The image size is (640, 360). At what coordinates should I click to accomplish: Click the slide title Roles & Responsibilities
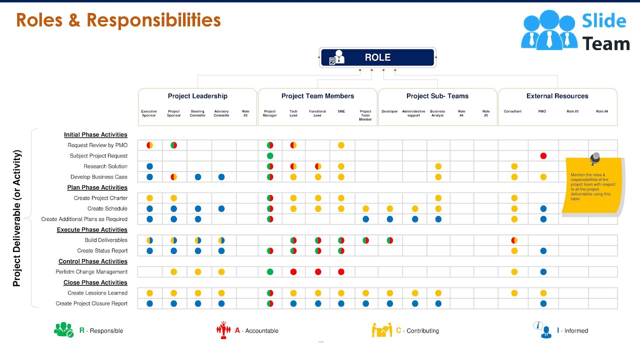118,20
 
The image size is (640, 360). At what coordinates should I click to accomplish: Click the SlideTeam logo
575,31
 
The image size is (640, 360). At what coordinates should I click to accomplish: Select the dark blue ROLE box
377,57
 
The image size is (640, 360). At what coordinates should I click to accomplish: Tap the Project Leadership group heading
197,96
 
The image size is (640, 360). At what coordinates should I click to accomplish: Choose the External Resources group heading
557,96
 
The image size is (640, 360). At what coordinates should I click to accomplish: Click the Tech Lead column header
293,113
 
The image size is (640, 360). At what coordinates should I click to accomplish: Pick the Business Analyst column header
437,113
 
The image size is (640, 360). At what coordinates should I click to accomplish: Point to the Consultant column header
512,111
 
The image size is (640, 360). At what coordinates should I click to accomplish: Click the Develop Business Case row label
99,177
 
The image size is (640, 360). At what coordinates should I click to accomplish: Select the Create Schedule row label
107,208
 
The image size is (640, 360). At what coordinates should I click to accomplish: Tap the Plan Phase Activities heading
97,187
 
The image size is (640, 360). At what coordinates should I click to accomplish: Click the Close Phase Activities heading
95,282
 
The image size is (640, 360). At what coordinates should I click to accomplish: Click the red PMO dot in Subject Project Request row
543,156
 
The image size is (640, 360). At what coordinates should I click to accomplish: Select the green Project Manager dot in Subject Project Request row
270,156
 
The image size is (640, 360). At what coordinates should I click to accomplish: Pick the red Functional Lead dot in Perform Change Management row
318,272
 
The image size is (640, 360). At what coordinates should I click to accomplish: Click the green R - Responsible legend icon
63,330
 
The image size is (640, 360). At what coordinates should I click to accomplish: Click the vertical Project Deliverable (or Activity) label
17,218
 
